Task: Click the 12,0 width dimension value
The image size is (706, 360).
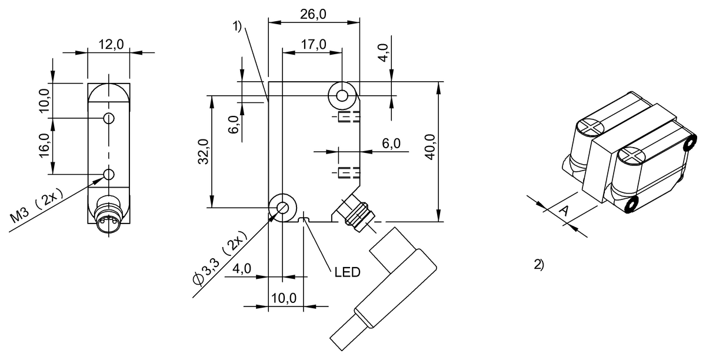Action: tap(109, 44)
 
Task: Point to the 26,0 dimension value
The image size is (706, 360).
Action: tap(313, 15)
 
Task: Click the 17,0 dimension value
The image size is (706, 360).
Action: tap(312, 45)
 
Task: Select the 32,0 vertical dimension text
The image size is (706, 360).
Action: tap(202, 151)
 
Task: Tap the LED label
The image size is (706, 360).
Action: tap(347, 272)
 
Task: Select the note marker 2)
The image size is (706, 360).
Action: tap(538, 264)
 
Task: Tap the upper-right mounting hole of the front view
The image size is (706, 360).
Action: tap(342, 95)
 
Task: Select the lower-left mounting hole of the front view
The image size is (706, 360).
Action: tap(282, 208)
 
